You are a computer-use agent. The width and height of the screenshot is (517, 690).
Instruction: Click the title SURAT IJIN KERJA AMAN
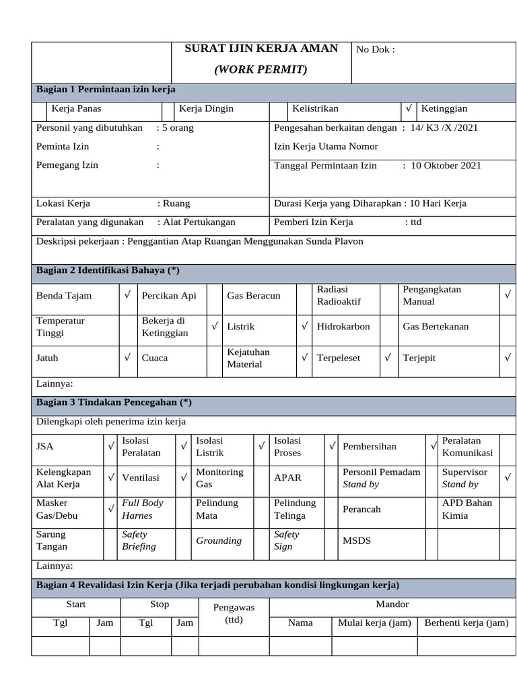click(261, 49)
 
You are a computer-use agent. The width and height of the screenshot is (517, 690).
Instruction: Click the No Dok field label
click(375, 49)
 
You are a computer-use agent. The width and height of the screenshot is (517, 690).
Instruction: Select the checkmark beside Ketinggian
click(409, 108)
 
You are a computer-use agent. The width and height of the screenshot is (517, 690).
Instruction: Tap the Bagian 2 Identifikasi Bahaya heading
click(108, 270)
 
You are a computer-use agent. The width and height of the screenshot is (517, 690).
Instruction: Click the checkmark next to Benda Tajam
click(127, 295)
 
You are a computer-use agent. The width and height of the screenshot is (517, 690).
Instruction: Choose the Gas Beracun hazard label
click(254, 296)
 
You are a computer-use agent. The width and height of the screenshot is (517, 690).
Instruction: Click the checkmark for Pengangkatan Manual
click(508, 295)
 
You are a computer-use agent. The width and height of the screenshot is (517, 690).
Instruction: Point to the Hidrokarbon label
click(343, 327)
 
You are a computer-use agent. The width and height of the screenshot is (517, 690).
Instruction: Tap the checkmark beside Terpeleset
click(388, 358)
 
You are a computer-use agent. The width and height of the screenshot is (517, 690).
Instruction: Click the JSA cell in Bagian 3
click(45, 447)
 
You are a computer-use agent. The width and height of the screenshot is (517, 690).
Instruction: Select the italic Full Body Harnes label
click(143, 509)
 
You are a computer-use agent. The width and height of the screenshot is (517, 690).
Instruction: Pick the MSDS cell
click(357, 540)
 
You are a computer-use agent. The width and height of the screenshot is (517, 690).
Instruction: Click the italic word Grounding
click(219, 540)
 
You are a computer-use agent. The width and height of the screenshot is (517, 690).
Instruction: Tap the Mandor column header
click(392, 604)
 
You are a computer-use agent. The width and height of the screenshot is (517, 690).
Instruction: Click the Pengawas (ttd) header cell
click(234, 613)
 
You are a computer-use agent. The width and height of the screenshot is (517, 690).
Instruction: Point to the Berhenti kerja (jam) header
click(466, 623)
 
